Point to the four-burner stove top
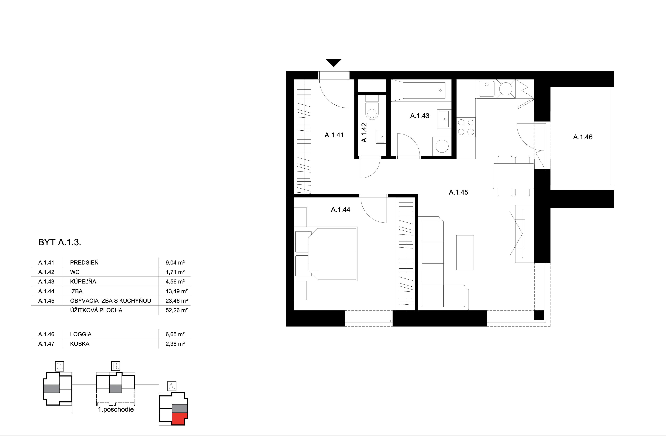[x=466, y=127]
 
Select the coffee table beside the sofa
[x=465, y=252]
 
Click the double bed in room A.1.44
[x=332, y=254]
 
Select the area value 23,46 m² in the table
[x=176, y=301]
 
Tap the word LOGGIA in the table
[x=81, y=334]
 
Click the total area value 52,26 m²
[x=176, y=310]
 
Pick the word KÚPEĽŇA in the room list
[x=83, y=281]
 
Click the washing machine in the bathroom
[x=442, y=146]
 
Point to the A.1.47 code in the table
[x=46, y=344]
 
